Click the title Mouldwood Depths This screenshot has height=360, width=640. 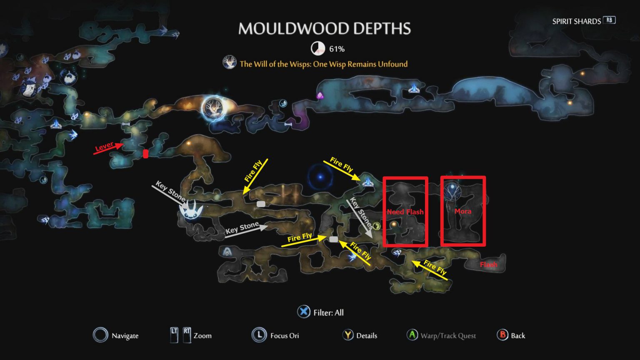[x=324, y=28]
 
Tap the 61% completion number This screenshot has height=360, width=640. [x=337, y=49]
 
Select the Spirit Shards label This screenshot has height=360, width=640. [x=576, y=21]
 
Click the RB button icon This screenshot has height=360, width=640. [x=609, y=20]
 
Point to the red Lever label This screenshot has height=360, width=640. [x=104, y=146]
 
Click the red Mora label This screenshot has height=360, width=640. [x=462, y=211]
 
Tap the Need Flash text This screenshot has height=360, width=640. [x=405, y=212]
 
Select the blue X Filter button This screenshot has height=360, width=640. [x=304, y=312]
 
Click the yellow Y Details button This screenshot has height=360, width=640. [x=348, y=335]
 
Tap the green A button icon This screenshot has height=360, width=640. [x=412, y=335]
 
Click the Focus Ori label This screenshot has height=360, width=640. [x=284, y=335]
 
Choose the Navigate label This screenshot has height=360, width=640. [x=125, y=336]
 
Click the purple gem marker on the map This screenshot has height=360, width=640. [x=320, y=95]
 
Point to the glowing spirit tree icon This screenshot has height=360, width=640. [x=214, y=107]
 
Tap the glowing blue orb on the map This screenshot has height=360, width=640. [x=320, y=177]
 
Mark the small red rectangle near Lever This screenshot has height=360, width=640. [x=145, y=154]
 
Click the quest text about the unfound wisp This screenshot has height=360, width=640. [x=323, y=64]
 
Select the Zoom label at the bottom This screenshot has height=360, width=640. [x=202, y=335]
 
